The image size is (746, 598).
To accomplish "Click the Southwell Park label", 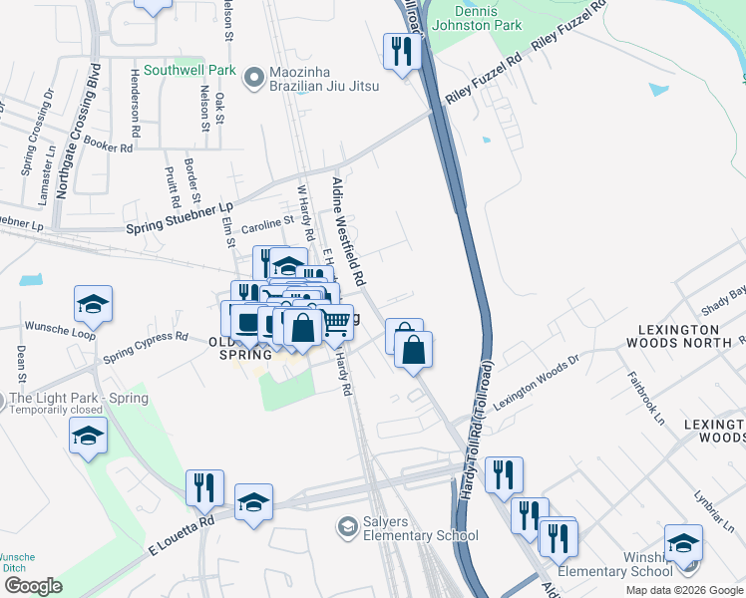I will [x=189, y=71].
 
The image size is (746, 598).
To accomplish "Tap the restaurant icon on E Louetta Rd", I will [x=204, y=486].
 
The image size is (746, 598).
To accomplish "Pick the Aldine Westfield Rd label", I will [x=348, y=228].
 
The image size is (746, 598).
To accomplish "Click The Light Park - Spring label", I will [x=79, y=399].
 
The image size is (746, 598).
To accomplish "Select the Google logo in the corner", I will [x=33, y=586].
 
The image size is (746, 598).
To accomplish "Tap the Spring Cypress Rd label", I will [x=146, y=343].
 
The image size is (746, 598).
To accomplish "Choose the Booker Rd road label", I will [x=108, y=147].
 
